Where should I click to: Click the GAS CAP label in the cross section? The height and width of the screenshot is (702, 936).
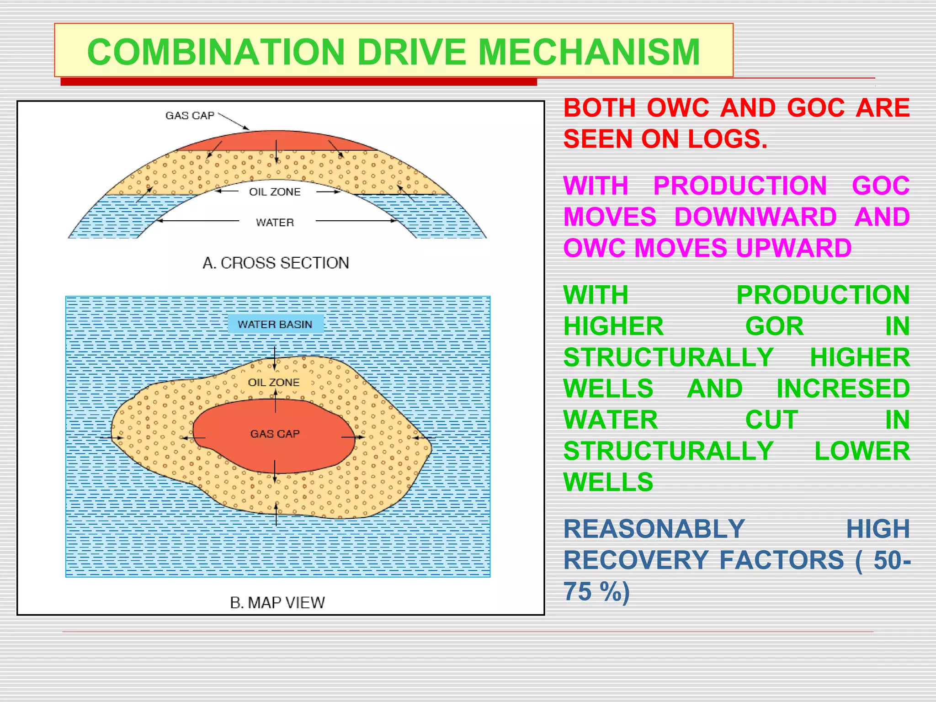click(190, 116)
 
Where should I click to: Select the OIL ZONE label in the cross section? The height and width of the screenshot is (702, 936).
click(275, 192)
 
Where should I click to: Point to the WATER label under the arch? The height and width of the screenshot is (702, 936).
click(275, 223)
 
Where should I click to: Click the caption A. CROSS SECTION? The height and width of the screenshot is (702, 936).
click(276, 263)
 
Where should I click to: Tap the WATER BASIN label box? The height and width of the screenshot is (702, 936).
click(275, 324)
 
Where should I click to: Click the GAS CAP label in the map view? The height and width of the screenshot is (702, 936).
click(275, 434)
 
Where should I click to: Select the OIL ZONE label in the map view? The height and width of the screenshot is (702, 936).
click(274, 383)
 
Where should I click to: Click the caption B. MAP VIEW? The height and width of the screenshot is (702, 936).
click(277, 603)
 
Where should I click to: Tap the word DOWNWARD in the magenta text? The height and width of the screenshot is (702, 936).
click(755, 217)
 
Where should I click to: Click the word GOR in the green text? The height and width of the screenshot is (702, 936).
click(774, 326)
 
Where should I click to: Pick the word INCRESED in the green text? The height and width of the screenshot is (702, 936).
click(843, 388)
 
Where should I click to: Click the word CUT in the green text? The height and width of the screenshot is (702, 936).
click(771, 420)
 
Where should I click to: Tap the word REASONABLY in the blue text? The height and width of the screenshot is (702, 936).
click(654, 529)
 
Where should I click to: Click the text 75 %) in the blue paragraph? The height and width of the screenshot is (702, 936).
click(596, 592)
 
